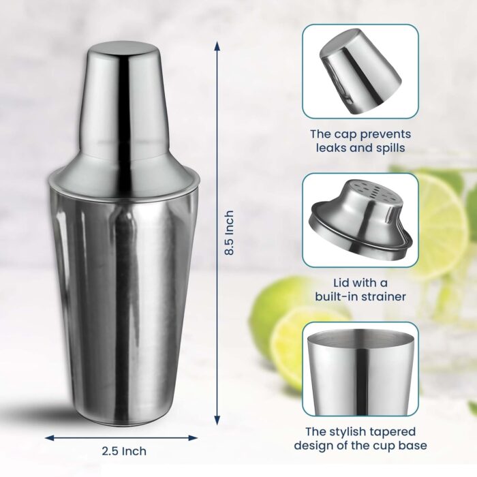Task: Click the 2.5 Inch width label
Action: coord(125,450)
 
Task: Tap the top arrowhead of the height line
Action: coord(217,45)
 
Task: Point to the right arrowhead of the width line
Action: coord(200,437)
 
